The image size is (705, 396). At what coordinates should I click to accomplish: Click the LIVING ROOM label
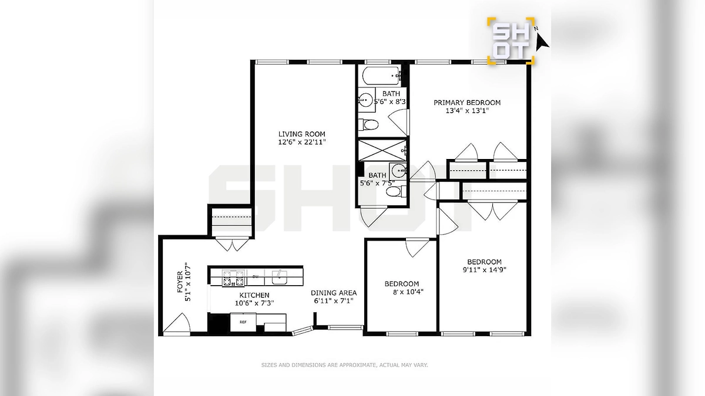pos(301,134)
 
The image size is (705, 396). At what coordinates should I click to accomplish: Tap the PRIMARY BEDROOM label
pos(467,103)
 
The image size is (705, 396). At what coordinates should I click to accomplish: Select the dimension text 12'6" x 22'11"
pos(301,142)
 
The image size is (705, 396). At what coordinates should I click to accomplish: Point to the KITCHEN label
pos(254,295)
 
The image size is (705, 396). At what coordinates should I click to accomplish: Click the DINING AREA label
pos(334,293)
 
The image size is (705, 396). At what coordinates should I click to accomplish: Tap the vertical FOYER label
pos(180,282)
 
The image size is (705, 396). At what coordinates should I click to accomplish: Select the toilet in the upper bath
pos(368,125)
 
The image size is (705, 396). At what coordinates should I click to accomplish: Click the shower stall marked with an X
pos(382,151)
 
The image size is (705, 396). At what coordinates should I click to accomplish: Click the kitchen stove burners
pos(233,278)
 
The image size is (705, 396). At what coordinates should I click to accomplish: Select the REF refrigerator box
pos(243,322)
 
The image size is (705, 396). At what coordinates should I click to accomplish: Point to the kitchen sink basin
pos(279,277)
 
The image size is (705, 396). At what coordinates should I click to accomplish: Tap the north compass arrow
pos(542,42)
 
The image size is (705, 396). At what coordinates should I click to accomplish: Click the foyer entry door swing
pos(177,323)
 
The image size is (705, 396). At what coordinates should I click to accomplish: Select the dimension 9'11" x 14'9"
pos(484,270)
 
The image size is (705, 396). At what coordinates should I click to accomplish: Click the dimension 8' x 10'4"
pos(408,292)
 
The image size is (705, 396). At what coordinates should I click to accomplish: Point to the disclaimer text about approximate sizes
pos(344,365)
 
